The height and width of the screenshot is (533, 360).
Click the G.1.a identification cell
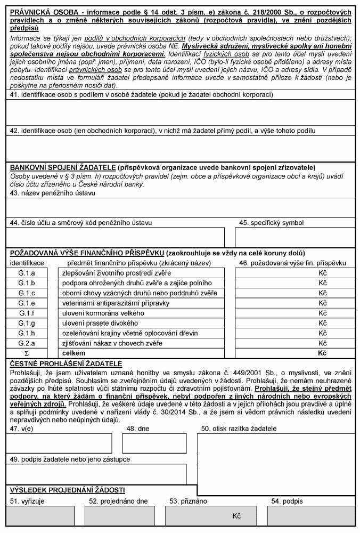(26, 273)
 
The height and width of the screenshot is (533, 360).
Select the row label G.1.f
(26, 313)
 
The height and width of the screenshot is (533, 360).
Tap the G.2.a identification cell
(26, 343)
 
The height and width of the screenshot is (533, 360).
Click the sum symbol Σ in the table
(26, 353)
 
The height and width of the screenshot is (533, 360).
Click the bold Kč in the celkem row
(322, 353)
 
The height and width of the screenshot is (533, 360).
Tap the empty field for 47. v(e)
(59, 443)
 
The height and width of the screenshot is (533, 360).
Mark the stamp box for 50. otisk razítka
(275, 458)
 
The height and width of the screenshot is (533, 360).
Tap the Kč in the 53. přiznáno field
(237, 516)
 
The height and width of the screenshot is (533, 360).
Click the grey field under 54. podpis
(311, 516)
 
